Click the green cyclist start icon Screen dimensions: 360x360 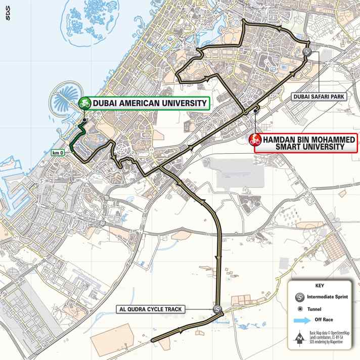tap(85, 103)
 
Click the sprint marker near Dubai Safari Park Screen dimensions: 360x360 tap(306, 52)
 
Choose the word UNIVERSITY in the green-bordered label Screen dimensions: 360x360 tap(185, 103)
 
